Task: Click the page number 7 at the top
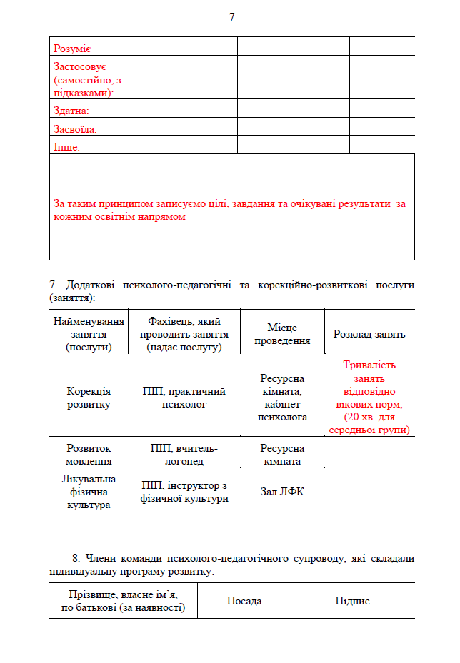click(x=231, y=16)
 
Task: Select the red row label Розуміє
click(x=72, y=49)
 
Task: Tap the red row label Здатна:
click(x=71, y=111)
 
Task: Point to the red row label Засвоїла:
click(x=75, y=129)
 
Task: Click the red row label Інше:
click(x=66, y=147)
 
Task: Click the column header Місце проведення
click(x=282, y=333)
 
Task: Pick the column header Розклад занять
click(x=369, y=334)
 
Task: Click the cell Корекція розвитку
click(x=89, y=398)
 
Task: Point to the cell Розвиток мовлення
click(x=89, y=455)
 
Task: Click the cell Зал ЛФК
click(x=282, y=492)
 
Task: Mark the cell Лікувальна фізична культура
click(x=89, y=492)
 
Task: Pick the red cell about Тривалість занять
click(x=369, y=398)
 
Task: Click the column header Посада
click(x=244, y=601)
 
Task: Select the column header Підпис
click(x=352, y=601)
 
